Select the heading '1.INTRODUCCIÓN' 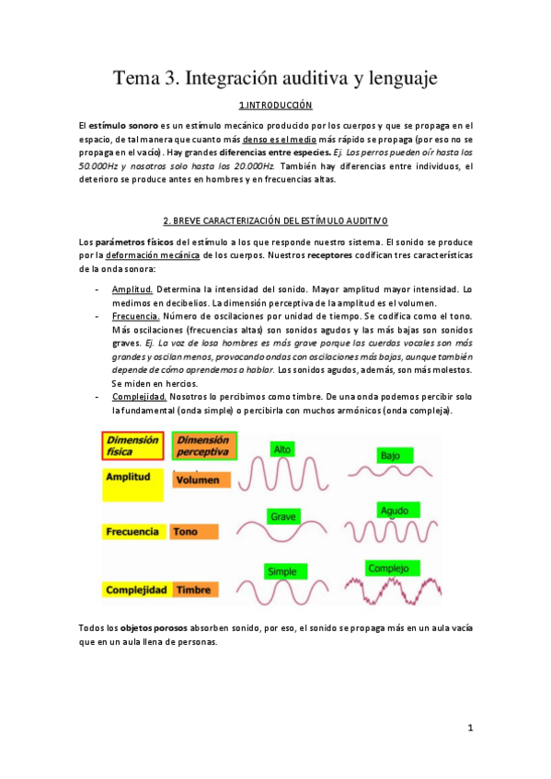[x=275, y=106]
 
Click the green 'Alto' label [x=282, y=448]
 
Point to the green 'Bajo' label [x=390, y=456]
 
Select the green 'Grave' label [x=283, y=517]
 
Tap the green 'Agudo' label [x=393, y=511]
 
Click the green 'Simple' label [x=281, y=571]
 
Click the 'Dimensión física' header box [x=133, y=446]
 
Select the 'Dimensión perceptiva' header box [x=204, y=446]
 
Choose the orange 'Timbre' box [x=193, y=589]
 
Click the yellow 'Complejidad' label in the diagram [x=135, y=589]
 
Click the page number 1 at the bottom [x=469, y=728]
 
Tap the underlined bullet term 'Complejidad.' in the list [x=139, y=396]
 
